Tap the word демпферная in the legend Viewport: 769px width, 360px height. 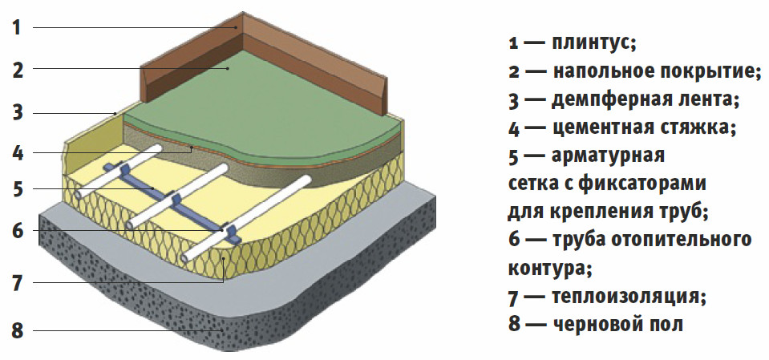pos(606,99)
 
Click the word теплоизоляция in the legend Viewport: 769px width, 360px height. pos(628,297)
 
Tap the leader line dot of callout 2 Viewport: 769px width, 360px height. pos(229,70)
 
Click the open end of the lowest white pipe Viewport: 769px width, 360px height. pos(188,258)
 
